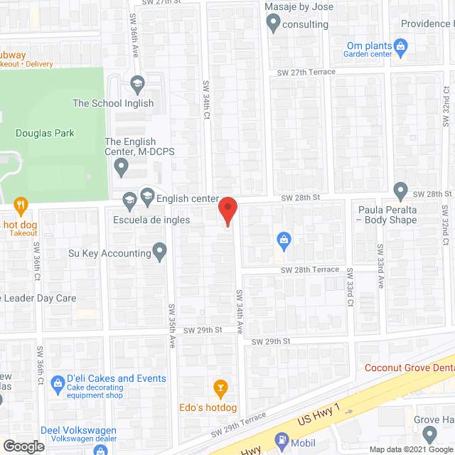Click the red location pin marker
pos(227,211)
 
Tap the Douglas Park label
pos(45,133)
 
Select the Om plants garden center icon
pos(401,46)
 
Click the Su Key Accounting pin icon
pos(160,252)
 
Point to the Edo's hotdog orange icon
pos(221,387)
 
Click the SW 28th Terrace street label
pos(309,270)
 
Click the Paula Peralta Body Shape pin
pos(401,190)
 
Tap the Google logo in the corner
pos(23,446)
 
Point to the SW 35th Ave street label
pos(172,326)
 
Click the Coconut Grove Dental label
pos(409,368)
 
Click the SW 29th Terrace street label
pos(239,424)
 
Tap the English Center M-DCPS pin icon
pos(122,168)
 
